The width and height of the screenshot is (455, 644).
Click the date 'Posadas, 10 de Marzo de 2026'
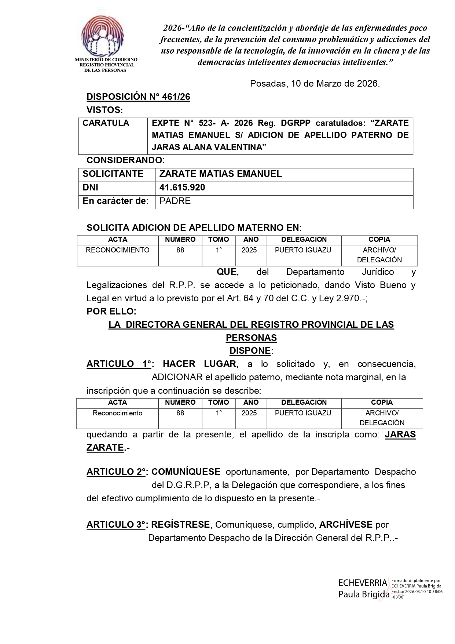pyautogui.click(x=315, y=84)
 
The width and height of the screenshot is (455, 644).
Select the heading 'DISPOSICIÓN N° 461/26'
pyautogui.click(x=138, y=97)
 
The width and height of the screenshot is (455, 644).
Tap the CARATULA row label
pyautogui.click(x=106, y=123)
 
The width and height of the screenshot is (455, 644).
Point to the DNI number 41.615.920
pyautogui.click(x=182, y=188)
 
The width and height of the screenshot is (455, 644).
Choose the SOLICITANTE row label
pyautogui.click(x=113, y=174)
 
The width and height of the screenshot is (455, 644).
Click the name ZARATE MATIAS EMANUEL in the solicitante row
pyautogui.click(x=220, y=174)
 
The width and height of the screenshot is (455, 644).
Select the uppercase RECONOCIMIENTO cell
pyautogui.click(x=117, y=250)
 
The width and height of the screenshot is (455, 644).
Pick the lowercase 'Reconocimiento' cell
pyautogui.click(x=117, y=413)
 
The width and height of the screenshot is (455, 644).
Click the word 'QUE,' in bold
pyautogui.click(x=228, y=272)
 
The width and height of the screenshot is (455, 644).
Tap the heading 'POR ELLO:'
pyautogui.click(x=111, y=312)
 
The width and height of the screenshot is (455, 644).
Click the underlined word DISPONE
pyautogui.click(x=250, y=351)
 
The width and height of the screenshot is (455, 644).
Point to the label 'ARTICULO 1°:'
pyautogui.click(x=120, y=364)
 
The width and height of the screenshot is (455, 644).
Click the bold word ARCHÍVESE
pyautogui.click(x=346, y=525)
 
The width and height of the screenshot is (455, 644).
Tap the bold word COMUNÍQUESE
pyautogui.click(x=186, y=472)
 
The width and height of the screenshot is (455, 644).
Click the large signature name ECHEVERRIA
pyautogui.click(x=363, y=583)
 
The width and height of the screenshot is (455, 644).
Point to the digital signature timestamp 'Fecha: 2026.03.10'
pyautogui.click(x=417, y=592)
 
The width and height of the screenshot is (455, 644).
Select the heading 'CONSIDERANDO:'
pyautogui.click(x=126, y=160)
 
